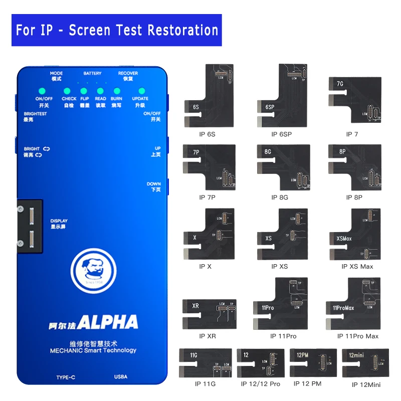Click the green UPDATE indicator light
[x=141, y=91]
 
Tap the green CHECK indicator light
[x=67, y=91]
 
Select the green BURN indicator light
[x=116, y=91]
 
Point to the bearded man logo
[x=91, y=271]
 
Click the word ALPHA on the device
[x=107, y=321]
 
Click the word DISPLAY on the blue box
[x=59, y=221]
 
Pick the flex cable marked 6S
[x=208, y=98]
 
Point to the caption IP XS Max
[x=357, y=266]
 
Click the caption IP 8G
[x=280, y=197]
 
